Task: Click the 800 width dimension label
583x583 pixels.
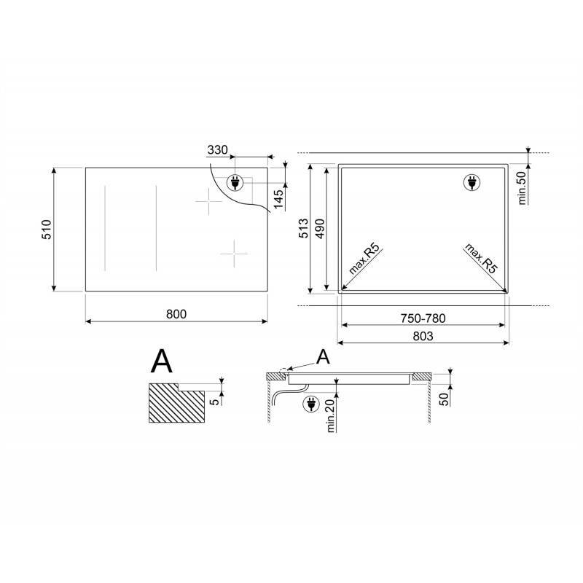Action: [x=176, y=313]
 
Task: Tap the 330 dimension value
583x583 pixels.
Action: [x=217, y=150]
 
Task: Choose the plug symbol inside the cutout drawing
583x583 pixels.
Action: [x=473, y=183]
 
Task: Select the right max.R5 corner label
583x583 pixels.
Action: [x=482, y=259]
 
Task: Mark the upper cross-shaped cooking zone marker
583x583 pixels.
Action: [x=209, y=201]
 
